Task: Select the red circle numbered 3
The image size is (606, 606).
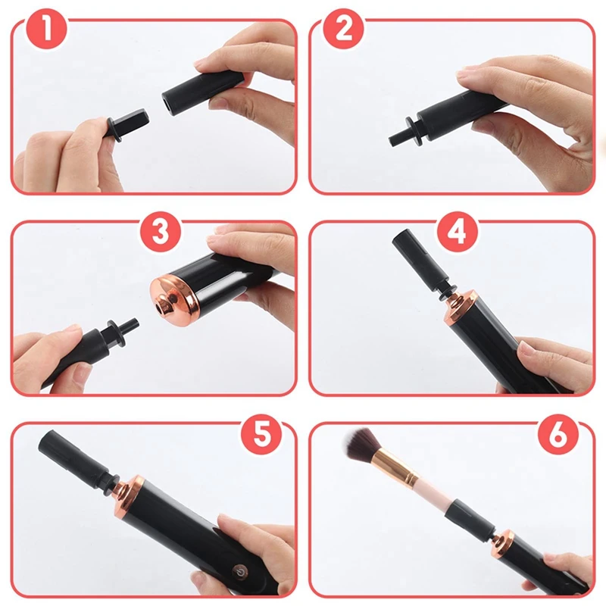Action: (x=161, y=231)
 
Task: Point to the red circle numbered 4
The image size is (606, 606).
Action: (x=458, y=231)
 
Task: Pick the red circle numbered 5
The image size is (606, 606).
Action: (x=261, y=433)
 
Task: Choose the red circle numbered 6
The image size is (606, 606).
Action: (x=558, y=433)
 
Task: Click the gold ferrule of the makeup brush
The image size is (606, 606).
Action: (x=394, y=467)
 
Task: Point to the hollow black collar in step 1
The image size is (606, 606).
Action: (x=204, y=92)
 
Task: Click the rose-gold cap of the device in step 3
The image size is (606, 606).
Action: (x=176, y=299)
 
